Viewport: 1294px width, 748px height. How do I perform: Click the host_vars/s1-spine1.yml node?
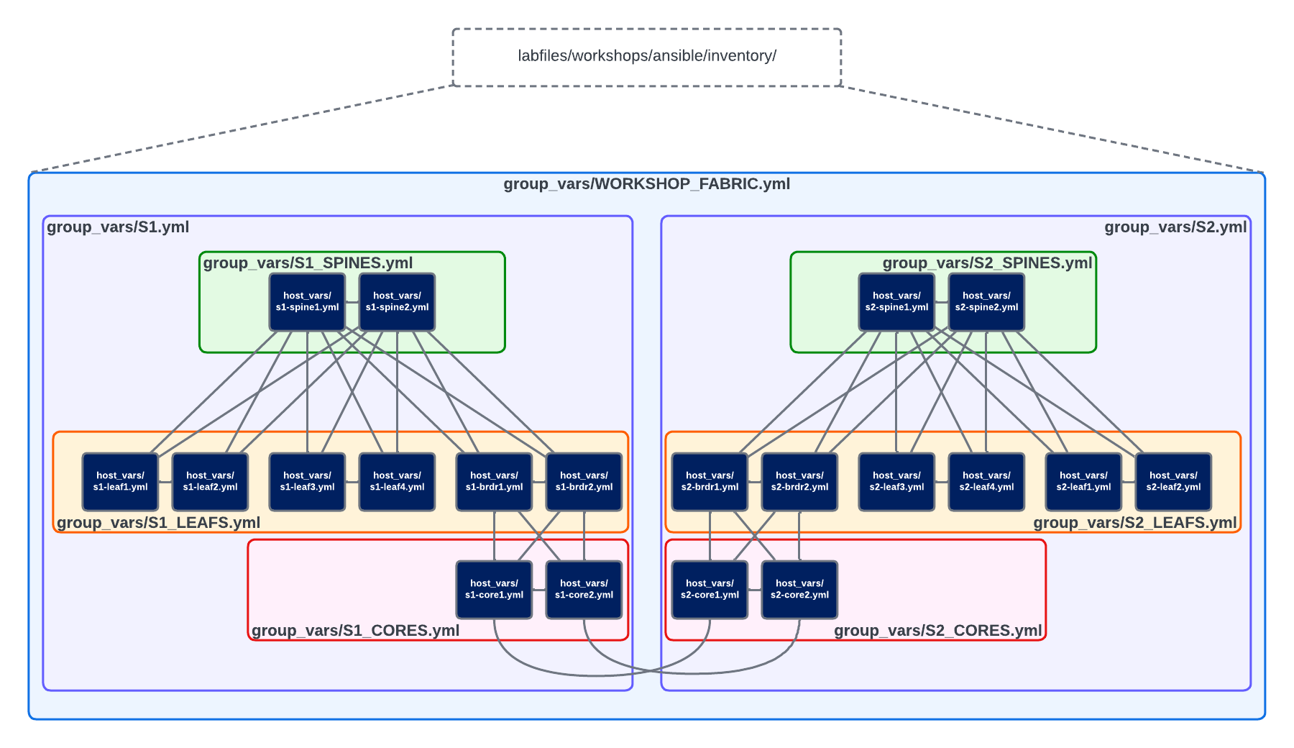coord(307,301)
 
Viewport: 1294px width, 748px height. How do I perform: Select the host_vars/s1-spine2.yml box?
coord(397,301)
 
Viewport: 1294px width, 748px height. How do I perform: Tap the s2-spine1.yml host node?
coord(896,301)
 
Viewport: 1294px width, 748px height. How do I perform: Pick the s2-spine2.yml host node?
coord(986,301)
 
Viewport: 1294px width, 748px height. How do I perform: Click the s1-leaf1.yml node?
coord(120,481)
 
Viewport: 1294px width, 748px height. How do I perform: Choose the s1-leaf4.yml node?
coord(397,481)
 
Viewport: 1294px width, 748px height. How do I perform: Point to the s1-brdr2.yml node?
coord(584,481)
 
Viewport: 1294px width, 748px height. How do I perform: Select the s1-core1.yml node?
coord(494,589)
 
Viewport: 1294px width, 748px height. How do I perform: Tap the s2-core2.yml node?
coord(799,589)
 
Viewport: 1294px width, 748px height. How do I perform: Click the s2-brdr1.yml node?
coord(710,481)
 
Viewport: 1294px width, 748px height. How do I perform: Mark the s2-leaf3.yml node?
coord(896,481)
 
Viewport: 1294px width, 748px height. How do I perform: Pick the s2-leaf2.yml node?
coord(1173,481)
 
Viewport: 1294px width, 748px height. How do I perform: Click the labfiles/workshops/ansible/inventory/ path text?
coord(647,56)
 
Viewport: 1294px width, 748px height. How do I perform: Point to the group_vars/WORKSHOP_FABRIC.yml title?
coord(647,184)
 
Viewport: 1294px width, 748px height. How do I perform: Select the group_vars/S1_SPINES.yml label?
coord(308,263)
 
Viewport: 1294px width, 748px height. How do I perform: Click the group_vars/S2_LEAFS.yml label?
coord(1135,523)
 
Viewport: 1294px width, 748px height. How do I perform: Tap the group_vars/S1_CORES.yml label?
coord(355,631)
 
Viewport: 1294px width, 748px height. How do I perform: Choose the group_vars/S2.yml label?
coord(1175,227)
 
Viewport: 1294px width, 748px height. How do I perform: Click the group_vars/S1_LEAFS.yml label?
coord(158,523)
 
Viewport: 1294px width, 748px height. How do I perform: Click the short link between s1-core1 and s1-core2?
coord(539,590)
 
